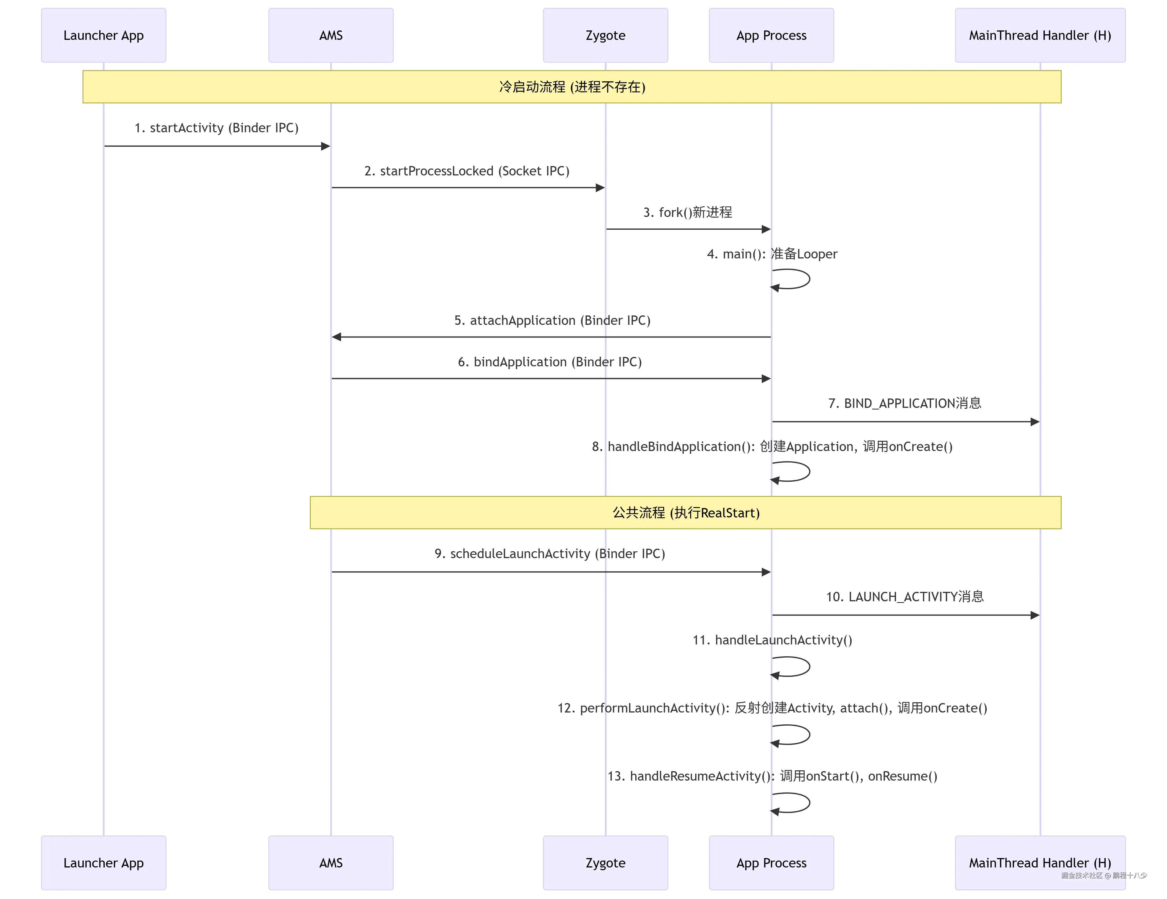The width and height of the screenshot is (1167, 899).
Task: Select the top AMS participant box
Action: click(x=331, y=35)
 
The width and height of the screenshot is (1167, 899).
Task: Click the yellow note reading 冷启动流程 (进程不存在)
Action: click(x=572, y=87)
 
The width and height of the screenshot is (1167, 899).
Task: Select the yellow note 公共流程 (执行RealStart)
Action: click(x=685, y=512)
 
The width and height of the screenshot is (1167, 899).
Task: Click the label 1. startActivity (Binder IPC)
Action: click(x=216, y=128)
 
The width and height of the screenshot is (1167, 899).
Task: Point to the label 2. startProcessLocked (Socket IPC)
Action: click(x=466, y=171)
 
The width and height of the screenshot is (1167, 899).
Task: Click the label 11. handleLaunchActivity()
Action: click(x=772, y=640)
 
